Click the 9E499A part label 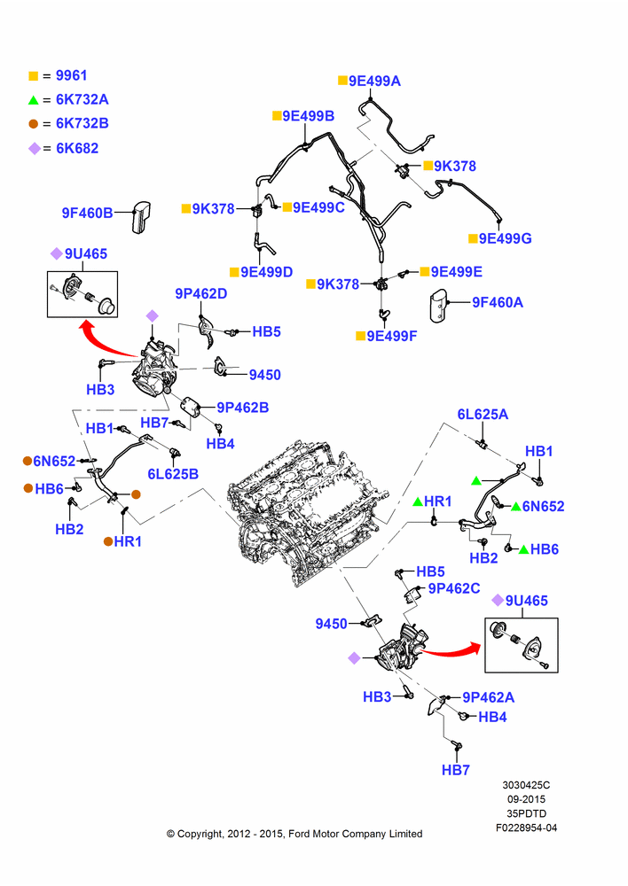[x=374, y=82]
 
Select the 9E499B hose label [x=309, y=116]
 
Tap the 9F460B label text [x=87, y=213]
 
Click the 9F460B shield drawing [x=141, y=216]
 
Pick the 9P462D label [x=200, y=294]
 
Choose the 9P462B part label [x=243, y=408]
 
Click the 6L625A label [x=483, y=415]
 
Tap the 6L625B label [x=173, y=474]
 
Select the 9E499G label [x=506, y=238]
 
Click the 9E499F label [x=392, y=336]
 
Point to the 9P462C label [x=454, y=589]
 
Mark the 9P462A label [x=488, y=698]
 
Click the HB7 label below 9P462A [x=456, y=770]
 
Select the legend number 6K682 [x=77, y=149]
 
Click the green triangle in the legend [x=34, y=101]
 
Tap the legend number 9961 [x=71, y=75]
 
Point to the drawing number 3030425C [x=526, y=785]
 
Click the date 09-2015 [x=526, y=799]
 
